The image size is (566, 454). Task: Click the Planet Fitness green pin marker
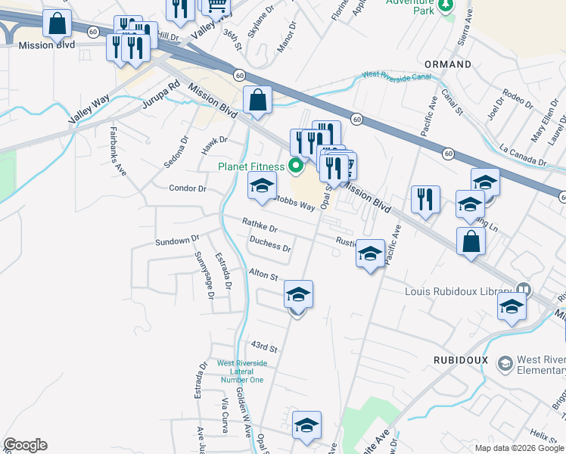[x=297, y=166]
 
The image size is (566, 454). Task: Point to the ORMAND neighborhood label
[x=448, y=64]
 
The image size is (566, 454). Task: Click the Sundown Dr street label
[x=176, y=241]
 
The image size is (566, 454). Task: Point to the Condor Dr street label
[x=188, y=188]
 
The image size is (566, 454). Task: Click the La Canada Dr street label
[x=522, y=156]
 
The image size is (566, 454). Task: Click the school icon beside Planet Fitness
[x=262, y=186]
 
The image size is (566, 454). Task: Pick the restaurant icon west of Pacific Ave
[x=425, y=200]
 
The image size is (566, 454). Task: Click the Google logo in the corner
[x=25, y=445]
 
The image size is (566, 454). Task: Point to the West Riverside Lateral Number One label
[x=241, y=371]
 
